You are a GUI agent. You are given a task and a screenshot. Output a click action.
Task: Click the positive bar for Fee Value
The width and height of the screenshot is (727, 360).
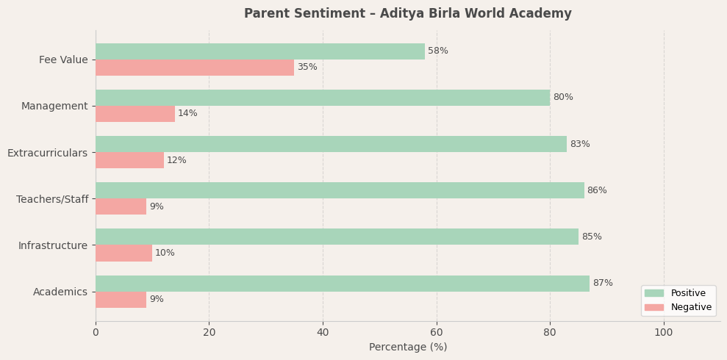(x=259, y=51)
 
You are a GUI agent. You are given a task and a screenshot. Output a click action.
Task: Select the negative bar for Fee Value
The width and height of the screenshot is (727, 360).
(x=195, y=68)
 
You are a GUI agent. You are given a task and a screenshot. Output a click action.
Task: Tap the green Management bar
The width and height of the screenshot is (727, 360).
(x=322, y=98)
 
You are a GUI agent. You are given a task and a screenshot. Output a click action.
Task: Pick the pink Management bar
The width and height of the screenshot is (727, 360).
(x=135, y=114)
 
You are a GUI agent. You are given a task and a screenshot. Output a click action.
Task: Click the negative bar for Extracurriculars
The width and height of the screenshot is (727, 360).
(x=129, y=160)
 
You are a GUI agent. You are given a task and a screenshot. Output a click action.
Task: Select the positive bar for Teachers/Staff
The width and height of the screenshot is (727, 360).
(x=340, y=190)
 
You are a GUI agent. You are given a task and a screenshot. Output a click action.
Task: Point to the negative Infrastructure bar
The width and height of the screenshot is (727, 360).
(x=123, y=253)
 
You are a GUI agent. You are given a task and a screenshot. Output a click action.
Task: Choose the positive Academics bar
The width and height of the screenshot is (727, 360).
(x=342, y=284)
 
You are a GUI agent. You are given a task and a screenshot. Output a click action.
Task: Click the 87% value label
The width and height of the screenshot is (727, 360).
(x=603, y=284)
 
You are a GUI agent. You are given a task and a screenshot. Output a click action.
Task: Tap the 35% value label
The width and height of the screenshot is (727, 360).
(x=307, y=68)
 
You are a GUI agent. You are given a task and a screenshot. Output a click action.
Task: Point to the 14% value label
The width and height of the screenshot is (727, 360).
(x=187, y=114)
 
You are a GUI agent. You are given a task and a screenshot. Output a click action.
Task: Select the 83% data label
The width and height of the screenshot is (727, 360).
(x=580, y=145)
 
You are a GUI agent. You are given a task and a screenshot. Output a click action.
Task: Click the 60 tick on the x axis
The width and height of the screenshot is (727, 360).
(x=437, y=333)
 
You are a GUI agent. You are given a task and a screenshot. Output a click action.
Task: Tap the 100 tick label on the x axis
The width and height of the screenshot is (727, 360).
(x=664, y=333)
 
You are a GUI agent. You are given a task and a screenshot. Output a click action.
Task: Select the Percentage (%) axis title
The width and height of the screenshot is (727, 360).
(x=408, y=348)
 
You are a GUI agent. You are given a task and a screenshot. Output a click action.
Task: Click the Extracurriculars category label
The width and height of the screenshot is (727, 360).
(x=47, y=153)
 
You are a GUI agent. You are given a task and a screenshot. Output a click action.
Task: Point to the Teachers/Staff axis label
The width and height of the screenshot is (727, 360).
(x=52, y=199)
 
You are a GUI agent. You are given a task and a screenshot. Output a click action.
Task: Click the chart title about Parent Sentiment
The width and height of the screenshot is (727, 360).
(x=408, y=14)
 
